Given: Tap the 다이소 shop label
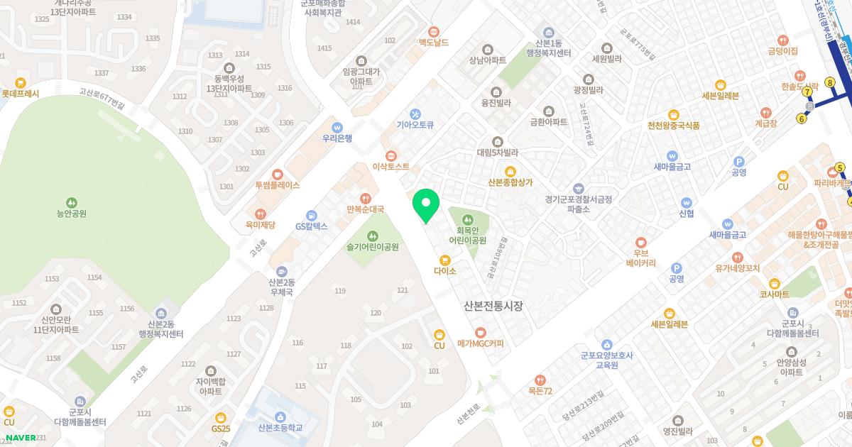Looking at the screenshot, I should pos(445,270).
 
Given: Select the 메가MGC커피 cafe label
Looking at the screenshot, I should pos(481,343).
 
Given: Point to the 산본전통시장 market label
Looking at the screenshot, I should pos(493,306).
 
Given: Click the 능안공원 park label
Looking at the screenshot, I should pos(71,212).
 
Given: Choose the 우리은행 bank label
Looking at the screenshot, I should pos(337,138).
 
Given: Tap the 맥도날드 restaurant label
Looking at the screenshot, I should pos(434,42).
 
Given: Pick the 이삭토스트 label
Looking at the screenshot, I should pos(390,167).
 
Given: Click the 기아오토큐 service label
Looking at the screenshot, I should pos(415,124).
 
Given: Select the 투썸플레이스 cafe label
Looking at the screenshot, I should pos(278,184).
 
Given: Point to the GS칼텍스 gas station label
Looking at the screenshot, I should pos(312,226).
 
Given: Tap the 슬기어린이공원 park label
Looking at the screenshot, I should pos(373,247).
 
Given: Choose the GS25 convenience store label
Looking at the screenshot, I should pos(221,428).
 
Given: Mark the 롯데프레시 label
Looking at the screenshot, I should pos(21,93).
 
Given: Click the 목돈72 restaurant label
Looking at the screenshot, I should pos(540,390).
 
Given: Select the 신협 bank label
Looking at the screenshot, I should pos(686,213).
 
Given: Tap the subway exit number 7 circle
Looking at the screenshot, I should pos(807,92).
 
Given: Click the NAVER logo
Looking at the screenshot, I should pos(21,437).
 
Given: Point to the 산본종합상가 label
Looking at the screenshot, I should pos(510,182).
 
